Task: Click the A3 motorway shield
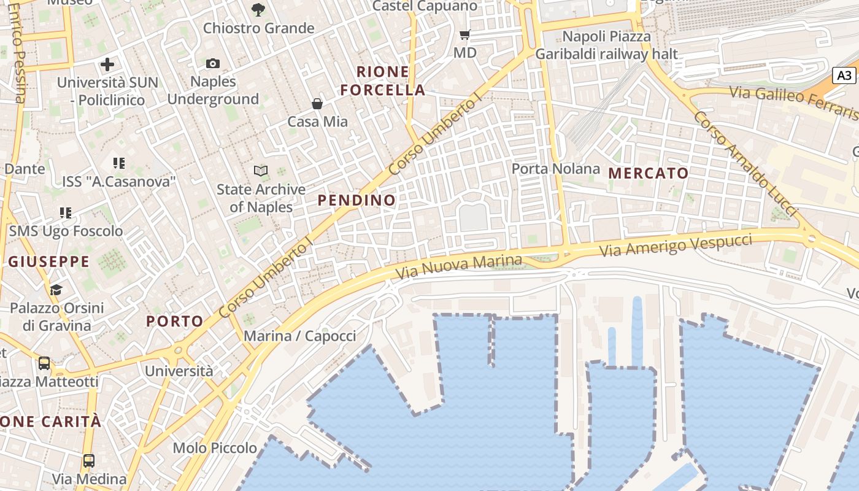click(x=845, y=75)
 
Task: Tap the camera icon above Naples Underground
click(x=213, y=63)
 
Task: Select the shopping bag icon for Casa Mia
click(x=317, y=104)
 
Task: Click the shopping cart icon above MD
click(x=464, y=35)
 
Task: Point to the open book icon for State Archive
click(x=261, y=171)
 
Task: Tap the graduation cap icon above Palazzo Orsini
click(x=56, y=289)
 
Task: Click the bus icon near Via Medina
click(x=89, y=460)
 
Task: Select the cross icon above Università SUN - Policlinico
click(x=107, y=64)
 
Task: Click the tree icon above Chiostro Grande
click(x=258, y=9)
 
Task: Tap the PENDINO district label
click(x=356, y=200)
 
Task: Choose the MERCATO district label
click(x=649, y=173)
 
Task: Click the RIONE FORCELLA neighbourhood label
click(x=383, y=81)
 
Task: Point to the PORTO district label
click(x=175, y=321)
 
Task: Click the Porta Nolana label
click(x=556, y=169)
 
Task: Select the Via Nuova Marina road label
click(x=459, y=267)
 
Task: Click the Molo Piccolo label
click(x=215, y=448)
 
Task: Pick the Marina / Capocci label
click(x=300, y=336)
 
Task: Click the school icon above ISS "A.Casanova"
click(x=119, y=163)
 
